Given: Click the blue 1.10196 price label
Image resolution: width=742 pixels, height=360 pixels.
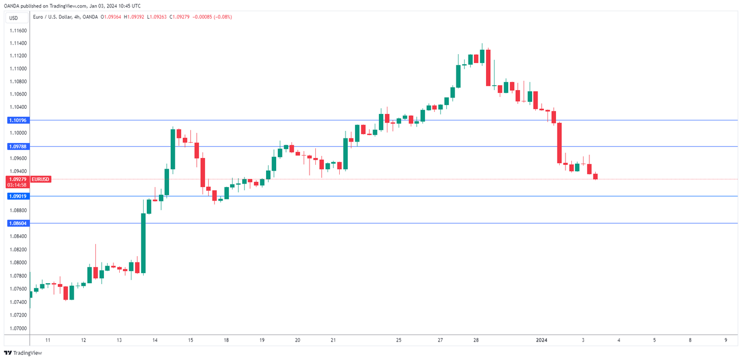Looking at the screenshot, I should (x=17, y=120).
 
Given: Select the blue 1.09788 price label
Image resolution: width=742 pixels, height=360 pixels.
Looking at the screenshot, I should (x=17, y=146).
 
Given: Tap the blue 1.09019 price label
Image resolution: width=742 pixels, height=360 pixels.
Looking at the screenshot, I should (x=17, y=196).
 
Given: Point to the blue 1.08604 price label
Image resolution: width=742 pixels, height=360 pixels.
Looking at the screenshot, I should (x=17, y=223).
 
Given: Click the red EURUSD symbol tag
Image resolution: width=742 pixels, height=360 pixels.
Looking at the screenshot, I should (x=40, y=179).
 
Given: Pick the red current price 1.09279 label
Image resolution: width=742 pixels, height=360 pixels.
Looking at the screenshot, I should (x=17, y=179).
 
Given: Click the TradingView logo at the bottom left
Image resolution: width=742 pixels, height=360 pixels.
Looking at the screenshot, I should (x=23, y=353).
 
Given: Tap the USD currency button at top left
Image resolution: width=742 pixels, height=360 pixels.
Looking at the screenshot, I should (x=14, y=18).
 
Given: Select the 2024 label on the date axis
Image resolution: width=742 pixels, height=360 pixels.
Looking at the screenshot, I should (x=542, y=339).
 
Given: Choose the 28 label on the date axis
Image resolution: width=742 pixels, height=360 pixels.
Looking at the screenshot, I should (x=476, y=339).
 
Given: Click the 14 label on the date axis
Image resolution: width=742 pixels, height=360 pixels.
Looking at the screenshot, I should (x=154, y=339).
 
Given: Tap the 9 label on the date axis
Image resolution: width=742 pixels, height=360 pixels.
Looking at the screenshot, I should (x=726, y=339).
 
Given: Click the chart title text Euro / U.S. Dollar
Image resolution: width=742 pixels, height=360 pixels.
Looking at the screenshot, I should (x=52, y=17).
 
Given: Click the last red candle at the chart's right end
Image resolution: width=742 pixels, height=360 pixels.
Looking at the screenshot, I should (x=595, y=176).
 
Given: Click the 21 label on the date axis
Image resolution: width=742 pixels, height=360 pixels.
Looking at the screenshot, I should (x=333, y=339).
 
